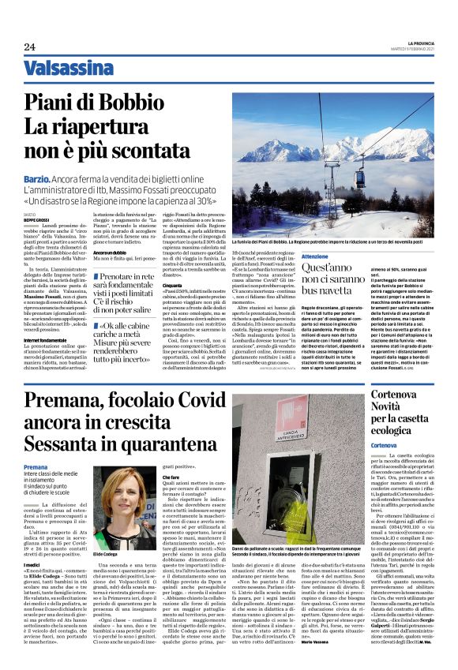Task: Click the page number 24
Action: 29,47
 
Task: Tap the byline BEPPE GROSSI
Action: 36,220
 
